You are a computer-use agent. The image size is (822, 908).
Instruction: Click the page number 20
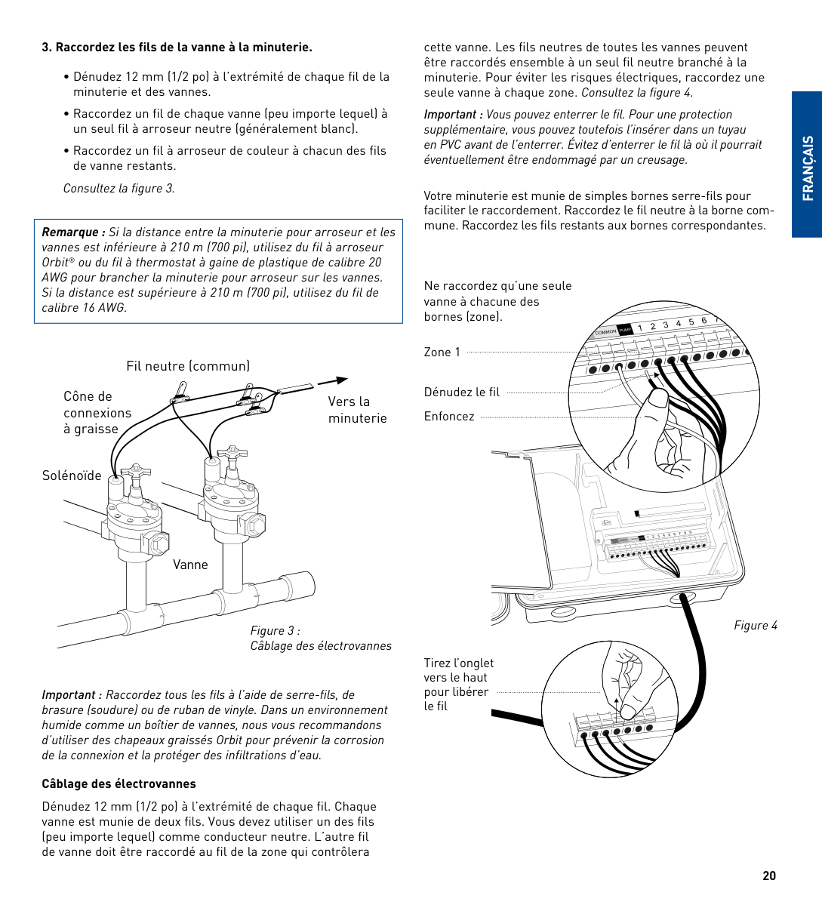769,876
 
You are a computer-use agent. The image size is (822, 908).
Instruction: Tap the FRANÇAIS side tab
807,165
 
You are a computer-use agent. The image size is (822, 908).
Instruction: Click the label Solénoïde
72,476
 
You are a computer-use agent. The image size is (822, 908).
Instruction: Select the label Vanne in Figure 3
190,565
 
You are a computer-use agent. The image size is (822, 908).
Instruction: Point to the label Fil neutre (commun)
188,366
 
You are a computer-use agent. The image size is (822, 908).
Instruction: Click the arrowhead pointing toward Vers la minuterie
341,380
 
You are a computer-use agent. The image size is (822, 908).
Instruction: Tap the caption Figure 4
756,625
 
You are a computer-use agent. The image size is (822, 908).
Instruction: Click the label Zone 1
442,352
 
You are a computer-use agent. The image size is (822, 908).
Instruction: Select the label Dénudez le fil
462,392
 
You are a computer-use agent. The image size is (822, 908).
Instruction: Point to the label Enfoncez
449,417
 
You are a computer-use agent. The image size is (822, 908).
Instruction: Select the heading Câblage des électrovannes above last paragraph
119,783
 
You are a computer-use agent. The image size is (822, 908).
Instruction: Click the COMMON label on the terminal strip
605,332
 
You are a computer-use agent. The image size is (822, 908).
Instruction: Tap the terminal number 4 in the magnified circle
678,323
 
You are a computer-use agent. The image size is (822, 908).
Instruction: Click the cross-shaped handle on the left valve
135,472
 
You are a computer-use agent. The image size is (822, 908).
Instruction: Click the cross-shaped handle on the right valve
232,453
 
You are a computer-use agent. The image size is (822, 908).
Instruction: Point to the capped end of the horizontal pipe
298,587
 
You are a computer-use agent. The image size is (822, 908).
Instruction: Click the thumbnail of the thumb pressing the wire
659,399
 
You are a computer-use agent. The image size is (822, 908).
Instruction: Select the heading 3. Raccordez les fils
177,47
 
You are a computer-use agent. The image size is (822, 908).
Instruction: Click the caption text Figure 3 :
276,630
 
